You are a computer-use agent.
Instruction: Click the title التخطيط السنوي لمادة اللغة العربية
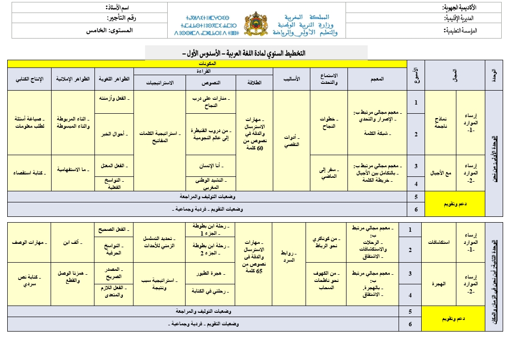click(256, 53)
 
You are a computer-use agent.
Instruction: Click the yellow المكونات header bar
click(207, 64)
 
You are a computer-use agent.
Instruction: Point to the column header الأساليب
click(291, 79)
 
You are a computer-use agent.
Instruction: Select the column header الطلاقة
click(253, 82)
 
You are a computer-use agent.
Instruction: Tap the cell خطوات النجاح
click(328, 123)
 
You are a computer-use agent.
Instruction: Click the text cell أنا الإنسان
click(210, 166)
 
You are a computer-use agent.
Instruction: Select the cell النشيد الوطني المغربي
click(210, 183)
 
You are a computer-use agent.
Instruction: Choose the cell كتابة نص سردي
click(29, 281)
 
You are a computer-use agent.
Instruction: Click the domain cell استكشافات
click(439, 242)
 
